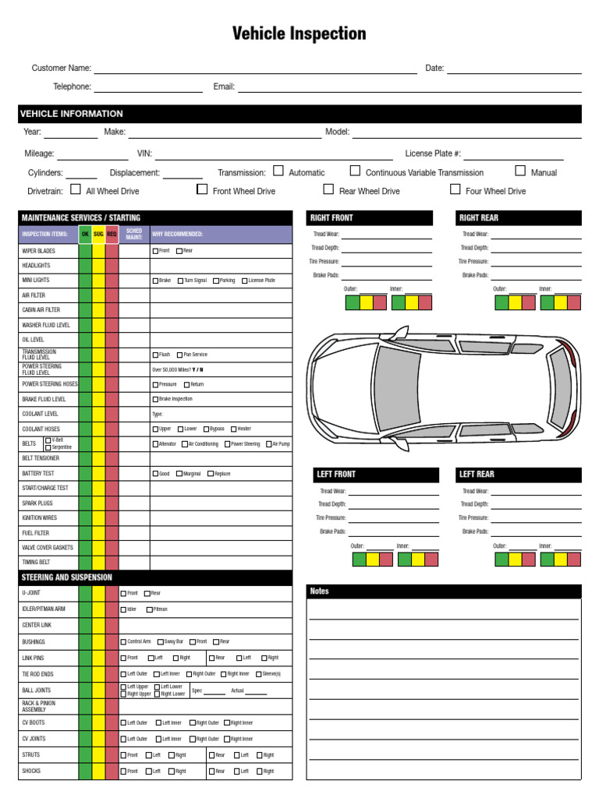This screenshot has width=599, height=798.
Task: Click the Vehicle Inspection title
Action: (x=299, y=34)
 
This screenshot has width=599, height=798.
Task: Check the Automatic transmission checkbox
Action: (x=278, y=171)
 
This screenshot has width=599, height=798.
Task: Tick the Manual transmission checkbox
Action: (x=520, y=171)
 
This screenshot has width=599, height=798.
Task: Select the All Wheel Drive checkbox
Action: (x=76, y=189)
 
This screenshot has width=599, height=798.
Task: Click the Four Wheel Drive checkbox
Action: (x=455, y=189)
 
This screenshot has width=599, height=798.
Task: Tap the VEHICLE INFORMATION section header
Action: (x=72, y=114)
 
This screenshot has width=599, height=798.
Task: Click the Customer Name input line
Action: (x=255, y=69)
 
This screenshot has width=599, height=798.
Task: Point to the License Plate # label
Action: (x=433, y=154)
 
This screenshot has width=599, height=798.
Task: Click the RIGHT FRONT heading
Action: (x=331, y=218)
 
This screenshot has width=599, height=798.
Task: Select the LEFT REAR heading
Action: (x=477, y=474)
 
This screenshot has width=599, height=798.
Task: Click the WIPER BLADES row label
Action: (x=38, y=251)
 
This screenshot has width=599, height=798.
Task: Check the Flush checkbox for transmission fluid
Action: (x=155, y=355)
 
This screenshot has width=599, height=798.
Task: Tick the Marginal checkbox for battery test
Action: (x=179, y=474)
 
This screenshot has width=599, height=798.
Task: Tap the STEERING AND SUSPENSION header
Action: (x=67, y=577)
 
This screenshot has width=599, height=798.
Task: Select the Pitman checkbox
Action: (x=146, y=609)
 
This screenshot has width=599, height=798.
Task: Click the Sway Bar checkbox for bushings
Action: (x=161, y=642)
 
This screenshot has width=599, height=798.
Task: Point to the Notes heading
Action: (x=320, y=591)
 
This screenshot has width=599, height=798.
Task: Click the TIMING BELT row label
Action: (x=37, y=562)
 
